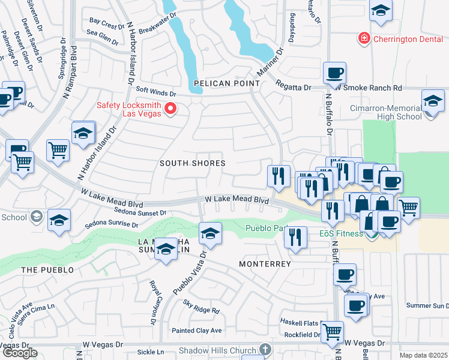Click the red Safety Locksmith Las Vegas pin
[170, 109]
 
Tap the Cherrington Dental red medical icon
[364, 39]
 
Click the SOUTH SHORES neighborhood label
[192, 163]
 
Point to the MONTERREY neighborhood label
[265, 264]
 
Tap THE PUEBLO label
[47, 270]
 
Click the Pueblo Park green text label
[266, 228]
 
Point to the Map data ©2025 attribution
[423, 355]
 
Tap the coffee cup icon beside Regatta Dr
[334, 74]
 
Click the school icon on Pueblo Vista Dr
[210, 233]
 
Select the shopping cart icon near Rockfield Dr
[332, 332]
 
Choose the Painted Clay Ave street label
[196, 331]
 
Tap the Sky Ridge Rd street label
[202, 308]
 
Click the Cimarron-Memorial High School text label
[394, 112]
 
